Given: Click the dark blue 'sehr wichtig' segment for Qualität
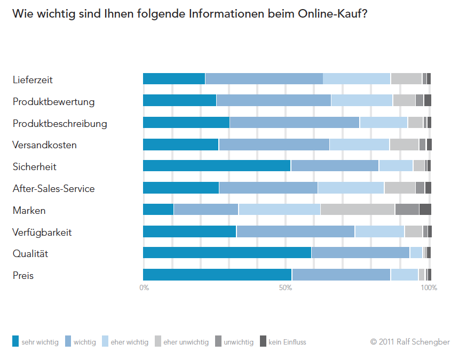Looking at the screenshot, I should [x=227, y=253].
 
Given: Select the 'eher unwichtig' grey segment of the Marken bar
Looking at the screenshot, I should [x=358, y=210].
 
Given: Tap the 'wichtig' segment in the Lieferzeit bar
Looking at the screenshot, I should [x=264, y=79].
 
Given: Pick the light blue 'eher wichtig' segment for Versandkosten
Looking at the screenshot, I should [x=359, y=145].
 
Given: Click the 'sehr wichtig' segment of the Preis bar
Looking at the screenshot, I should [x=217, y=275].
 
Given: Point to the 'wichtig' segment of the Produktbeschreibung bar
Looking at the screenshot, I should [x=295, y=123].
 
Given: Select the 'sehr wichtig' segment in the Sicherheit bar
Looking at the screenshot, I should [x=217, y=166].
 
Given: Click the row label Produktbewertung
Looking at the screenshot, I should [x=54, y=101].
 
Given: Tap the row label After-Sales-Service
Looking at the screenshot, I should [x=54, y=188].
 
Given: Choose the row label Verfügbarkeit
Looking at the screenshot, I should [x=42, y=232].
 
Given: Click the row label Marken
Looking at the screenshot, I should [x=29, y=210].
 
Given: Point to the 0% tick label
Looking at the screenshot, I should [x=144, y=288].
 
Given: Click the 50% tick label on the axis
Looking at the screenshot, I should [x=286, y=288].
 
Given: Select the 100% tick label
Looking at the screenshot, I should [x=429, y=288].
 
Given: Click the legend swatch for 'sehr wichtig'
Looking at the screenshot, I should [x=15, y=341].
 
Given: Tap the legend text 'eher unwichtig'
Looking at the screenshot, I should [x=186, y=342].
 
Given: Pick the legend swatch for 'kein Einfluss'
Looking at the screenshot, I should [x=263, y=341].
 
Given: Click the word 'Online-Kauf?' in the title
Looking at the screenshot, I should [x=334, y=14].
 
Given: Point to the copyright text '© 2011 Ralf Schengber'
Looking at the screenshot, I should [x=410, y=342].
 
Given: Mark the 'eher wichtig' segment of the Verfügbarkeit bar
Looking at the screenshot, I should [x=379, y=231].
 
